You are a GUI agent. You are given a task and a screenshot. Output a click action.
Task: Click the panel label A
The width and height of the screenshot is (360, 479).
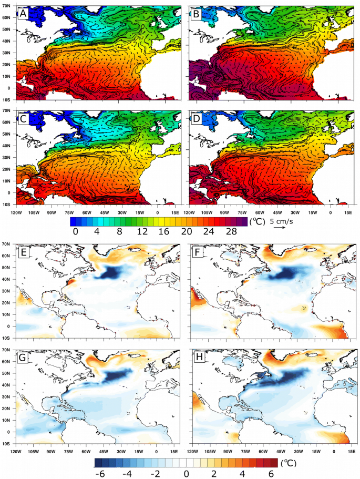23,14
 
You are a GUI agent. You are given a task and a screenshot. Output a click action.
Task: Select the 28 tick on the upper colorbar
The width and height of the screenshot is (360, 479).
230,231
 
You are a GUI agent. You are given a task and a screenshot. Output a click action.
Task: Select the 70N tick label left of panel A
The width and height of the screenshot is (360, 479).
8,5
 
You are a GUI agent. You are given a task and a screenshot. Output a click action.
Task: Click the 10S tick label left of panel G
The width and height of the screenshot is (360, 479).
8,443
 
